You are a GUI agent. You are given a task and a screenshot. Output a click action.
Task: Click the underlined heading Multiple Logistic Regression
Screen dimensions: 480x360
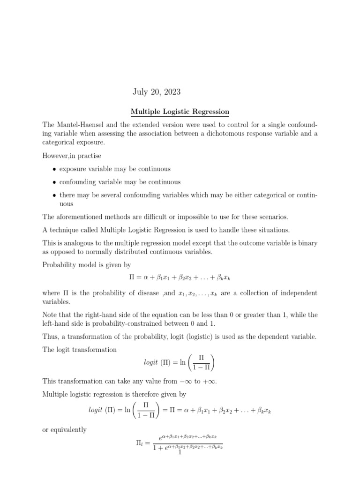click(x=180, y=112)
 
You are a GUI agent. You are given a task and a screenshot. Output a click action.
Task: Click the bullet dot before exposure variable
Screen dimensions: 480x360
click(x=55, y=169)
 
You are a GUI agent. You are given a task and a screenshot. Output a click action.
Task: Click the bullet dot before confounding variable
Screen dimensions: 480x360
click(x=55, y=182)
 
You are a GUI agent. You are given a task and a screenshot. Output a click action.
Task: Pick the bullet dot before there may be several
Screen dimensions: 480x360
click(x=55, y=195)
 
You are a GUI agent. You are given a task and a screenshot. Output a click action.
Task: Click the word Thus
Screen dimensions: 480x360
click(x=51, y=337)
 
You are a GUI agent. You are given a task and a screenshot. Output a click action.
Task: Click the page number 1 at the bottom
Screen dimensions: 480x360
click(x=180, y=452)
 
